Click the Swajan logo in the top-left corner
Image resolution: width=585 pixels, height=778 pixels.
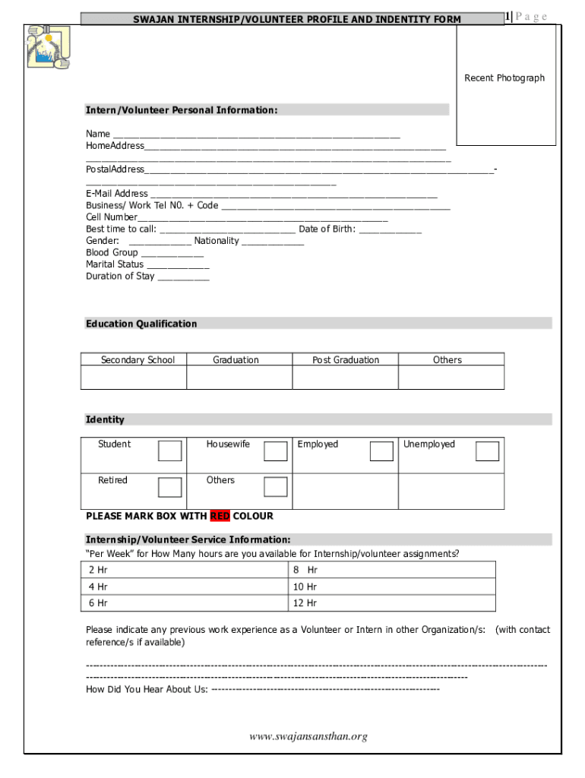tap(47, 48)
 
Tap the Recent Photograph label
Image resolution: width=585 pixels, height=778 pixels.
tap(504, 78)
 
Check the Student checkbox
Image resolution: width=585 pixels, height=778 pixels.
tap(170, 451)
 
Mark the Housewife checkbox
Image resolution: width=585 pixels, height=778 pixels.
tap(276, 451)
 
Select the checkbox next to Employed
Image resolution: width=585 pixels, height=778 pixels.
tap(381, 451)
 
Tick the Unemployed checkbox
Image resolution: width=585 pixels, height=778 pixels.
tap(487, 451)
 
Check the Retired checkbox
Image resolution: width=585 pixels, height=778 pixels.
tap(170, 487)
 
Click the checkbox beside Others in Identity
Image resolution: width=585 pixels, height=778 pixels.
tap(276, 487)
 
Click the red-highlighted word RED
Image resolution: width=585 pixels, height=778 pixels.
tap(220, 517)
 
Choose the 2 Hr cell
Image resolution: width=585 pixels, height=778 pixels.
tap(185, 570)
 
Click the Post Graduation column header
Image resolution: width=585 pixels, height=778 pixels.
tap(346, 360)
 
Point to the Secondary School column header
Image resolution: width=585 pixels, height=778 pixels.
tap(138, 360)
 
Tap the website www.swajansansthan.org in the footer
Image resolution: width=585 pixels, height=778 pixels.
tap(308, 736)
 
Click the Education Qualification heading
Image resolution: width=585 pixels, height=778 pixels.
tap(141, 324)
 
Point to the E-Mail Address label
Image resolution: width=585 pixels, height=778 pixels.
tap(117, 194)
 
